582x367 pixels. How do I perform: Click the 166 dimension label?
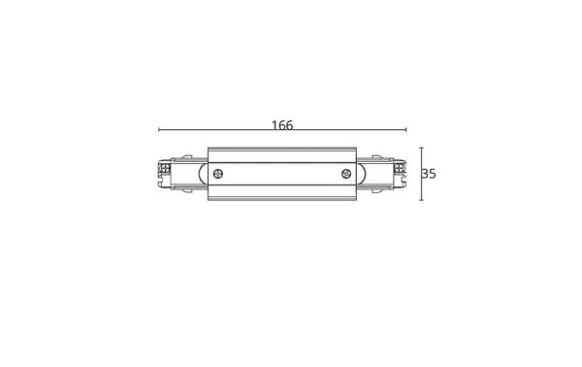click(282, 126)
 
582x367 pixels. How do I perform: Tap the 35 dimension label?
click(429, 175)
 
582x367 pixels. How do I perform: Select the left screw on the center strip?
click(219, 175)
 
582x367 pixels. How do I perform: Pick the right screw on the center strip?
click(346, 175)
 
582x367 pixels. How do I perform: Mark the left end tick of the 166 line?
click(158, 131)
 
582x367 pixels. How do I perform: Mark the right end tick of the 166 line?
click(406, 131)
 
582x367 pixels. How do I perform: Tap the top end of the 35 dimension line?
click(420, 148)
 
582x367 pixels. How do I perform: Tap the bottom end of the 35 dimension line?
click(420, 201)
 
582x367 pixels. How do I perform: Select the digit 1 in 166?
click(274, 126)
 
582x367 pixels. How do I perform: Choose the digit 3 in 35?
click(426, 175)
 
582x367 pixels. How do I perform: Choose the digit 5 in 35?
click(433, 175)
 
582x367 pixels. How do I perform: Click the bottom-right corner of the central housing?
click(356, 202)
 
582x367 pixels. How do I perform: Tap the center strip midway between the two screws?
click(282, 175)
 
